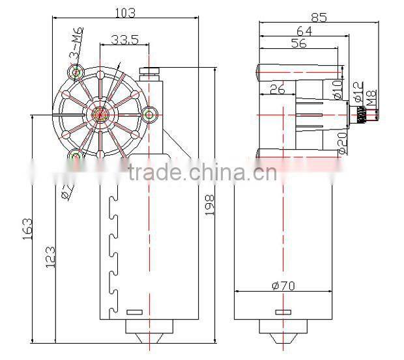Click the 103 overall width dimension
126,11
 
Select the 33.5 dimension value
124,40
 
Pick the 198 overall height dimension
210,205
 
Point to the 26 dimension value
276,89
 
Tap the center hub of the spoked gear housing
100,115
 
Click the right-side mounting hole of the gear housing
151,115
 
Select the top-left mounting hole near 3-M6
77,72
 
